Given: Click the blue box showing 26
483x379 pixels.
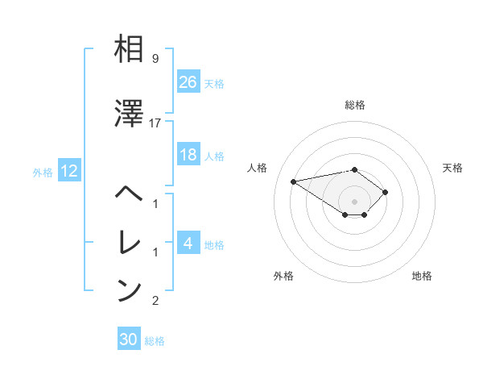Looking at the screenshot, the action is tap(188, 82).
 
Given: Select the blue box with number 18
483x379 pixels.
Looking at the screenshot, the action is tap(188, 155).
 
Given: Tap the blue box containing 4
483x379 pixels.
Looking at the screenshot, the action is tap(188, 243).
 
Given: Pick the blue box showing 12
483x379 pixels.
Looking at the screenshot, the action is tap(68, 171).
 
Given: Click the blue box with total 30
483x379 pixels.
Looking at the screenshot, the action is tap(129, 339).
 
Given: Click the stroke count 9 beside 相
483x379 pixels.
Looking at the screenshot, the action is tap(155, 59).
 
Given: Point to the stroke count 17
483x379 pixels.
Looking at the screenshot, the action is tap(155, 123).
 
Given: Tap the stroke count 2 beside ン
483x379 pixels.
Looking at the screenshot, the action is tap(155, 301).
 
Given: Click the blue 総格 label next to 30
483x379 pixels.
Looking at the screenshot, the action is tap(155, 341).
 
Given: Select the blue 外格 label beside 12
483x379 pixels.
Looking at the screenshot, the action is tap(43, 172).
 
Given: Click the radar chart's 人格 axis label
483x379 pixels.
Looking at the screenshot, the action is tap(258, 168).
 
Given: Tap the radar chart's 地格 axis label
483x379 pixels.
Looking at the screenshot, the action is tap(422, 276).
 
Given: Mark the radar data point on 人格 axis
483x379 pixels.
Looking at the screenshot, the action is tap(294, 181).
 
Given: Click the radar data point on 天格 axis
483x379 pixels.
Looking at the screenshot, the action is tap(386, 192).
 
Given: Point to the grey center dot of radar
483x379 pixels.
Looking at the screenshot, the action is tap(354, 202).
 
